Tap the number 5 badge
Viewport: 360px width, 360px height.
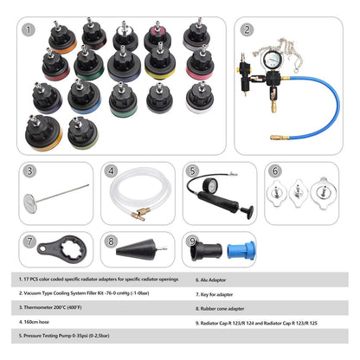[x=193, y=171]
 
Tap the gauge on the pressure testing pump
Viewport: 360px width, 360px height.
[x=208, y=189]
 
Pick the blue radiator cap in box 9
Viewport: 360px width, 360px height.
[x=245, y=254]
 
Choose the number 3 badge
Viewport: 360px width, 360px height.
[x=30, y=171]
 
